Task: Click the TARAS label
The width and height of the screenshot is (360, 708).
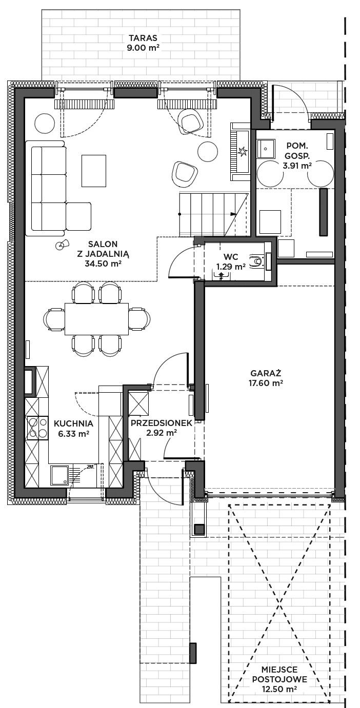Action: [x=143, y=38]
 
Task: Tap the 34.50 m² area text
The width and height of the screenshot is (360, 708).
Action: [x=103, y=264]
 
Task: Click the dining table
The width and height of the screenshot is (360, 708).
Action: [x=97, y=319]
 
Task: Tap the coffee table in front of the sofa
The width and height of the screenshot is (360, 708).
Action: [x=94, y=171]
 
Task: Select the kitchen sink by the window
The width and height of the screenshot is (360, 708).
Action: [x=59, y=475]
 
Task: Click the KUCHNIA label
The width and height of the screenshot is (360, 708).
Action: [x=73, y=423]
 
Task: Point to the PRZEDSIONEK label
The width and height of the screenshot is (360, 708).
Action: [x=162, y=423]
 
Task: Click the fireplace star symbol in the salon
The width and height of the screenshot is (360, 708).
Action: [x=243, y=151]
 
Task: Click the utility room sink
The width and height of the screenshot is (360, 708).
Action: [x=266, y=148]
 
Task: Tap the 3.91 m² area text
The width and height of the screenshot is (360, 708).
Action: [x=297, y=165]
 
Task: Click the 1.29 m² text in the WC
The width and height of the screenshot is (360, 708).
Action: [x=231, y=267]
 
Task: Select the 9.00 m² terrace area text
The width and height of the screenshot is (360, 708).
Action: [x=144, y=48]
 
